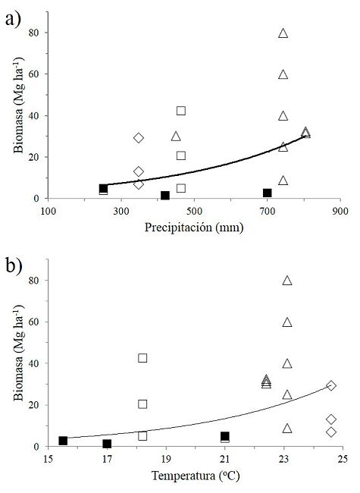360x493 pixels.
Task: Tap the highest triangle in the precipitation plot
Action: [x=283, y=33]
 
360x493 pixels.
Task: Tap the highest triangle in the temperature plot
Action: [x=287, y=281]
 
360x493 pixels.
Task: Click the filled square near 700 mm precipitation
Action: [x=268, y=193]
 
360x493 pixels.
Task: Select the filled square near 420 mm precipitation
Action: [x=165, y=196]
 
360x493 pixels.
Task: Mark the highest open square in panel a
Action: [x=181, y=111]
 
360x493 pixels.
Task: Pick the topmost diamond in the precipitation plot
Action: [x=139, y=138]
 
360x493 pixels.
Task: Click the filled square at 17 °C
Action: [x=107, y=444]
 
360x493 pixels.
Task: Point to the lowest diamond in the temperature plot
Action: [x=331, y=432]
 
